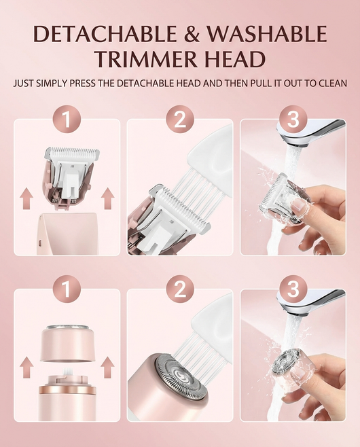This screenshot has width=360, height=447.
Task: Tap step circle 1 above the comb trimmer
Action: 67,120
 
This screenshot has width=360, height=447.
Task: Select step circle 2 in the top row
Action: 180,120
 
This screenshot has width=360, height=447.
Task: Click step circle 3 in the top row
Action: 293,120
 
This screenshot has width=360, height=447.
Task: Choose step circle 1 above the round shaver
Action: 67,290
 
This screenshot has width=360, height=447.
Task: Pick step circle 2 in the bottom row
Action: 180,290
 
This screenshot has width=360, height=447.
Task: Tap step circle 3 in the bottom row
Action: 293,290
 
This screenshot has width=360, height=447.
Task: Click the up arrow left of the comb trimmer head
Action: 26,198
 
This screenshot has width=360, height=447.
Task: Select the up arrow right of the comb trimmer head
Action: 106,198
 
